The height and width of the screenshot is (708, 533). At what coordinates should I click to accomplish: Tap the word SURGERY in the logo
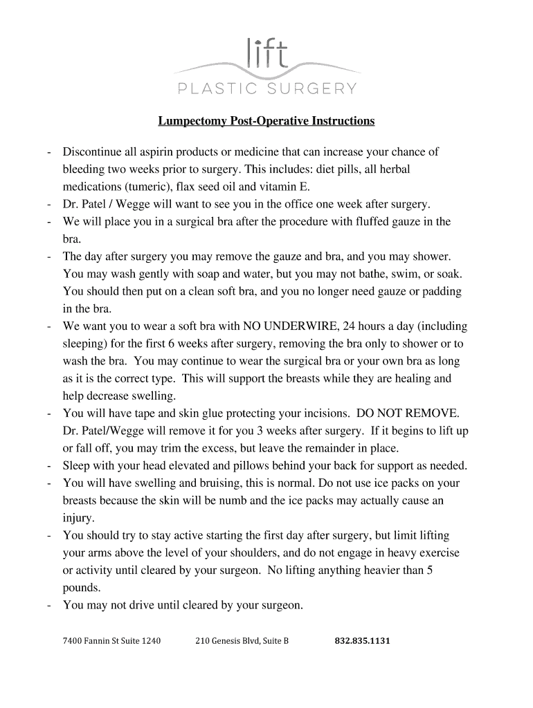[x=314, y=88]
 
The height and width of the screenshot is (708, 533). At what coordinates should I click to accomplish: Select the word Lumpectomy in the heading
[x=189, y=121]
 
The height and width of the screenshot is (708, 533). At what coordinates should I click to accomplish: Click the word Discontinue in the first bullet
[x=93, y=152]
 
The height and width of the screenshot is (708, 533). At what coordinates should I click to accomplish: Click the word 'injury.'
[x=79, y=518]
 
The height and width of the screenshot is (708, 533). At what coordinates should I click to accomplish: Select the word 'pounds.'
[x=82, y=588]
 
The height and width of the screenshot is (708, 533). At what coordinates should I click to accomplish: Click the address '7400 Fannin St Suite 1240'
[x=111, y=641]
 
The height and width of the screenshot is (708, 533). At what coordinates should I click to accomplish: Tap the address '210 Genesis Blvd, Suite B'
[x=242, y=641]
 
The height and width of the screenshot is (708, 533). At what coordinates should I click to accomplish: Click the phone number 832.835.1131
[x=362, y=641]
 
